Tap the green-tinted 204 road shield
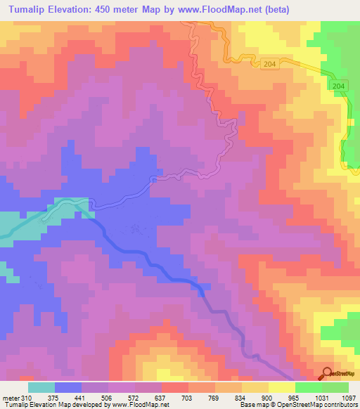point(339,85)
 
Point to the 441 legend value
point(82,397)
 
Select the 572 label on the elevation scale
point(135,397)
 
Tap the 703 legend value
point(189,397)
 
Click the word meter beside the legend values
point(10,397)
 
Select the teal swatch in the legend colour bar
point(41,387)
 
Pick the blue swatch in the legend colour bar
point(68,387)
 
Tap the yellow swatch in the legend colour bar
point(282,387)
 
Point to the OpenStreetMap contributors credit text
point(319,404)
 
